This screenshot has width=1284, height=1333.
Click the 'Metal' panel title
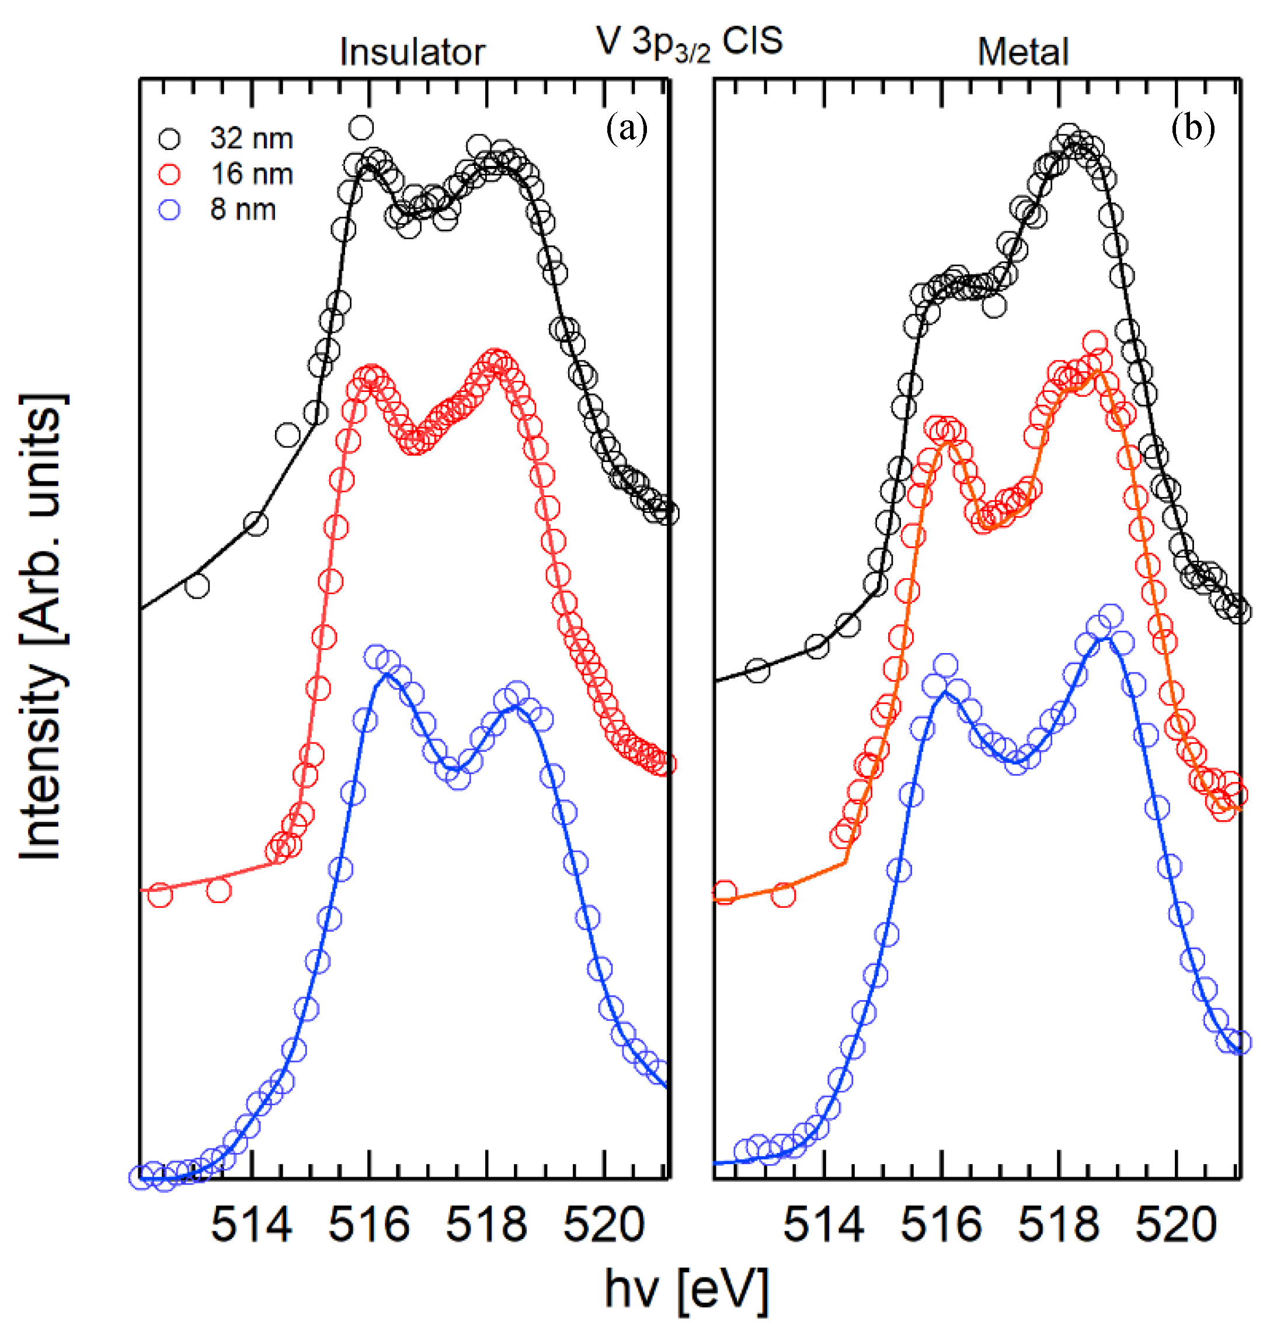1022,53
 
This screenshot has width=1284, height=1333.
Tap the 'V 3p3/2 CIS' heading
689,42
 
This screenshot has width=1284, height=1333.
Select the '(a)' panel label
627,128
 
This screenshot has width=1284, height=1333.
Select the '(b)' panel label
1192,128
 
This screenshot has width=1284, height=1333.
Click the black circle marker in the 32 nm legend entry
169,139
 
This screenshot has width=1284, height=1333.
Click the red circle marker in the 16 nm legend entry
169,174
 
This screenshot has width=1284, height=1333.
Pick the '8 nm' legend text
243,210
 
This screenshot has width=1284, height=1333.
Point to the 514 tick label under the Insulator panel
252,1225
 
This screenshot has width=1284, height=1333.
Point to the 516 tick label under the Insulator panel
368,1225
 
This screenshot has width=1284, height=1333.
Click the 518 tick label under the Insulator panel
486,1225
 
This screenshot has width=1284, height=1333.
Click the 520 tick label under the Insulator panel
604,1225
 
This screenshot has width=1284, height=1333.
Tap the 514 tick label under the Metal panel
824,1225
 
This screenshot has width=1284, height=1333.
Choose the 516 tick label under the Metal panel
941,1225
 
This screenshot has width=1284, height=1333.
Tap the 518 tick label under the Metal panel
1059,1225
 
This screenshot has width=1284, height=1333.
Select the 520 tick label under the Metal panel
1176,1225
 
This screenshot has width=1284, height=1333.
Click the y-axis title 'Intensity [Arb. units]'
42,626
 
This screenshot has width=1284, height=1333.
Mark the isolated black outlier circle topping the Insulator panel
361,127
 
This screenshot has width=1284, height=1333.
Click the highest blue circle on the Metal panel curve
1110,616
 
